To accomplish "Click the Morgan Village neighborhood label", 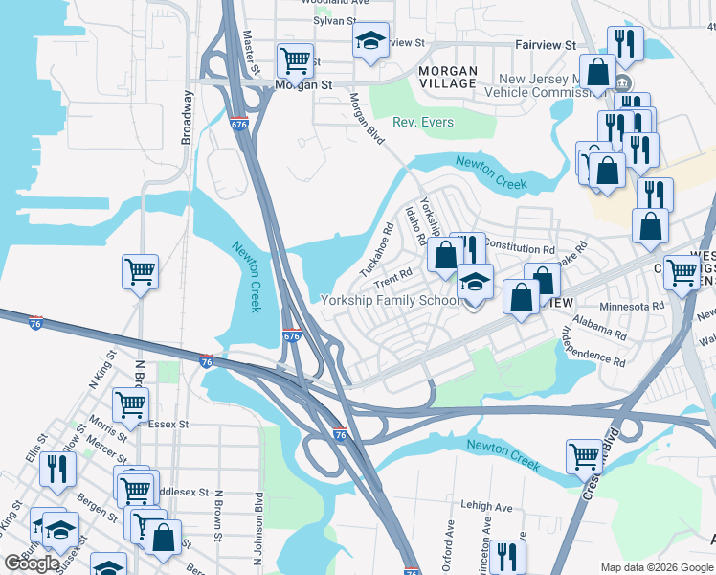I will click(448, 77).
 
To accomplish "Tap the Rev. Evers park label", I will click(423, 123).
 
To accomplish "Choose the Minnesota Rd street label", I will click(631, 306).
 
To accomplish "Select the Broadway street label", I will click(187, 117).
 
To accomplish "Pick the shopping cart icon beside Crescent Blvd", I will click(584, 456).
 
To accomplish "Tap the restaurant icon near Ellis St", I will click(59, 469).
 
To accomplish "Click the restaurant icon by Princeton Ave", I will click(507, 556).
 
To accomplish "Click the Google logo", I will click(33, 563).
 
